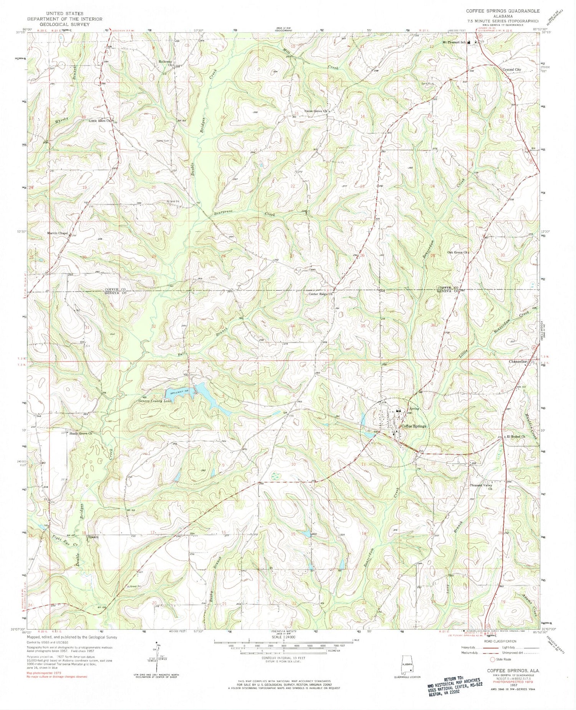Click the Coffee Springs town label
(x=414, y=426)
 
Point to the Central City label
(x=512, y=70)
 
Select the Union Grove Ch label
(x=315, y=111)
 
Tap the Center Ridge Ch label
(x=320, y=294)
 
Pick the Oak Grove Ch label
(x=458, y=253)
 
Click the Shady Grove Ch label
(x=81, y=434)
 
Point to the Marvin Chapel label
(x=57, y=233)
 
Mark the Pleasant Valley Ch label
(x=482, y=487)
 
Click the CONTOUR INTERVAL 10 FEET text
(x=283, y=658)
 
